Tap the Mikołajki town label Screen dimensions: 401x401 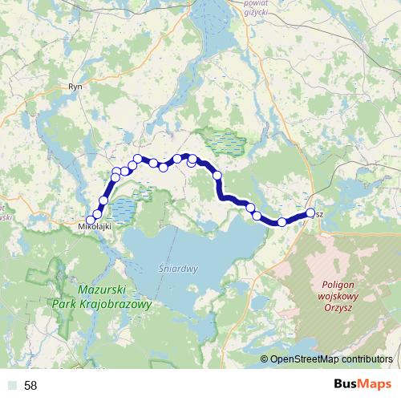tap(94, 227)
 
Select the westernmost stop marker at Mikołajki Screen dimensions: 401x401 tap(91, 219)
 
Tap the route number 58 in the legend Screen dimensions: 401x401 tap(30, 386)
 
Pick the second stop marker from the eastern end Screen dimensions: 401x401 tap(282, 221)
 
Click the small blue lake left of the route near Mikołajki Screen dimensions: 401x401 tap(124, 210)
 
